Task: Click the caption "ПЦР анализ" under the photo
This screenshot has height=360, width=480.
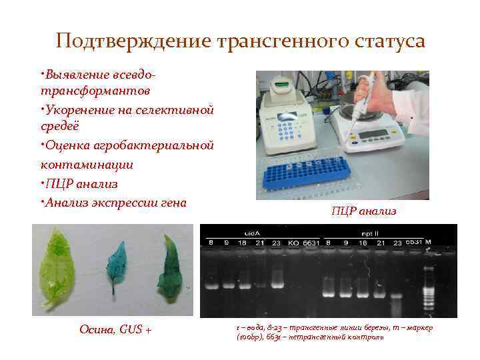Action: pos(364,211)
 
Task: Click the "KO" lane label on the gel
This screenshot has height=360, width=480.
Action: pos(293,243)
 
